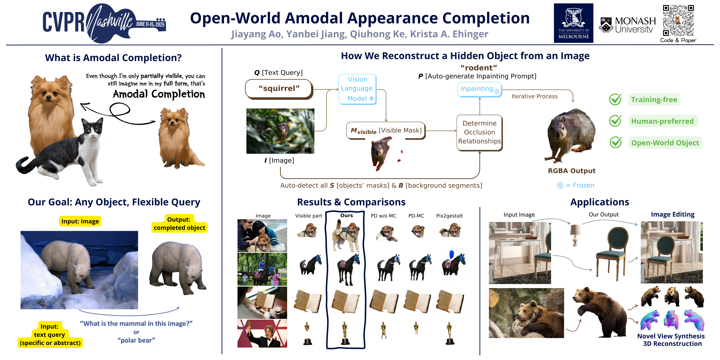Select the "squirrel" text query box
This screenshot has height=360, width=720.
coord(279,89)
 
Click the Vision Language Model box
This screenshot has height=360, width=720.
coord(357,89)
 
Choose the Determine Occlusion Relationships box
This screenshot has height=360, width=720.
coord(480,132)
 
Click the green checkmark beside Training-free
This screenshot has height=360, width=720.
coord(615,99)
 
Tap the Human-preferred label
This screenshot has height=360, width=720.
coord(663,121)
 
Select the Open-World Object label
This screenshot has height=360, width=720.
coord(665,143)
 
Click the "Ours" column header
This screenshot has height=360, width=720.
coord(347,216)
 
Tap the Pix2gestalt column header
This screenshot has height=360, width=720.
coord(449,216)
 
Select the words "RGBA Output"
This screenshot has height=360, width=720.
coord(572,171)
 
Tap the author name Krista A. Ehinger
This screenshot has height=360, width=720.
coord(449,34)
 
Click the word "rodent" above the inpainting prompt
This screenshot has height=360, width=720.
coord(479,68)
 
